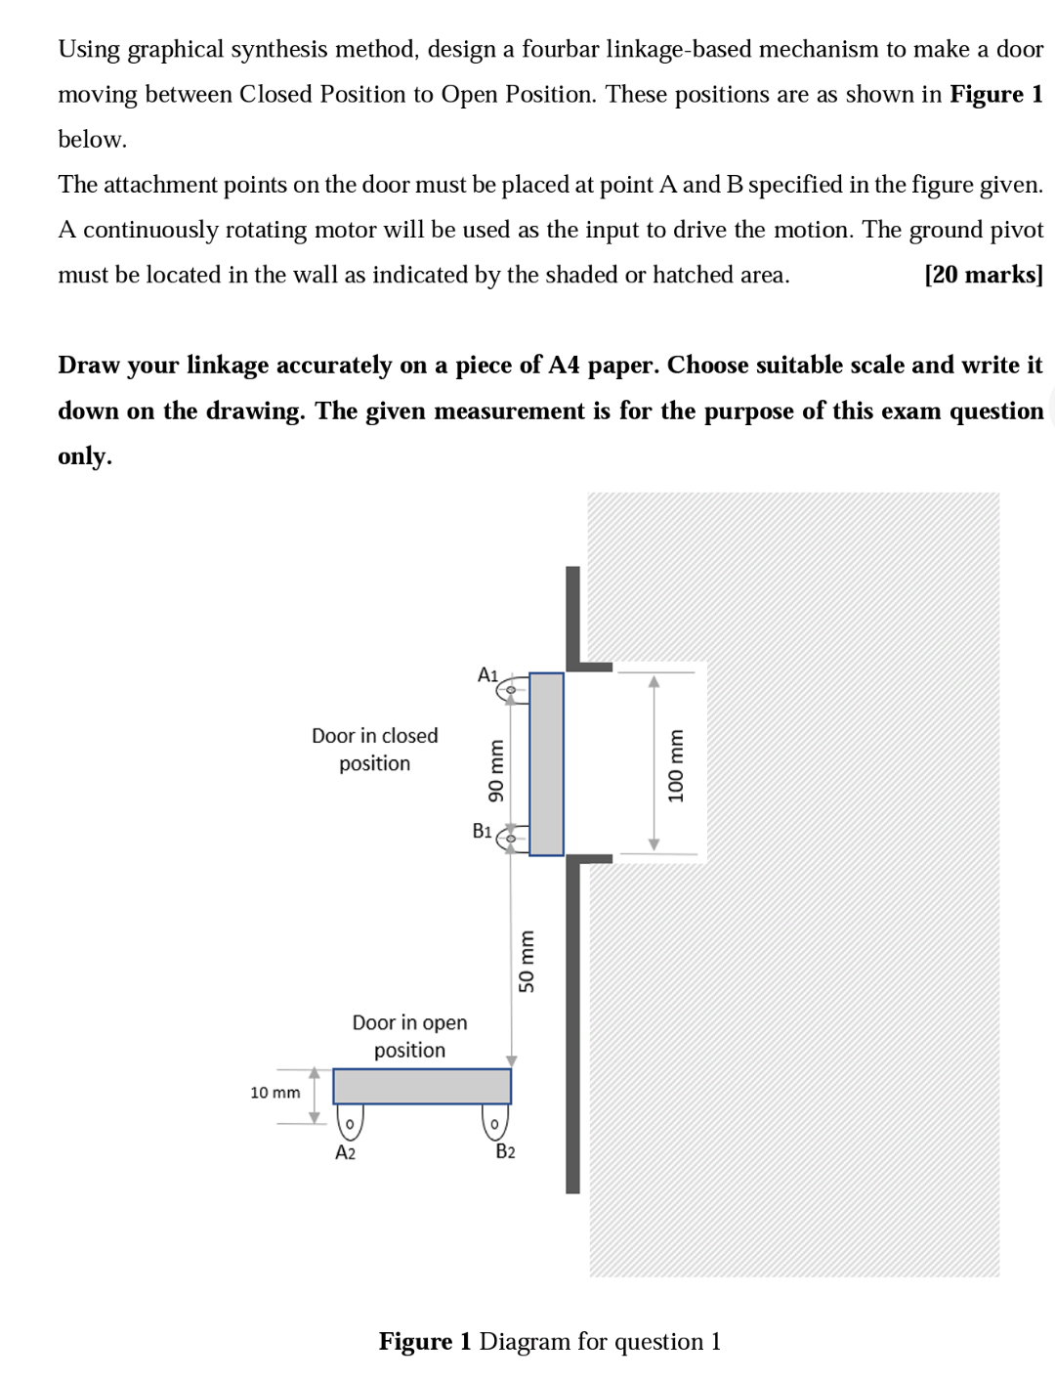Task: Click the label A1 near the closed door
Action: pos(487,674)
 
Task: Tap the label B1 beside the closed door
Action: pos(482,831)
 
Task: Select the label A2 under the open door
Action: pos(345,1152)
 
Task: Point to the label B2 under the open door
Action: pos(505,1151)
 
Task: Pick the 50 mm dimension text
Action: pos(527,962)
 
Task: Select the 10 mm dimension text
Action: pos(274,1092)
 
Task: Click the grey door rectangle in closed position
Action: pos(546,763)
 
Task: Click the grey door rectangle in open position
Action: pos(421,1086)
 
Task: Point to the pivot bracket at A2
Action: pos(349,1122)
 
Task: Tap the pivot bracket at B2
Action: pos(495,1123)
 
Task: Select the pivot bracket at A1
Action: pos(512,691)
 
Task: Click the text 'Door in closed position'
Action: pos(374,749)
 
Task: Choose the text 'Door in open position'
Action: pos(409,1036)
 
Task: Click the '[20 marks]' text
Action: pos(983,275)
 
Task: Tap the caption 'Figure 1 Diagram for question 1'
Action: pos(549,1341)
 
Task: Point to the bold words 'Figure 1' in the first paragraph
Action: pos(995,94)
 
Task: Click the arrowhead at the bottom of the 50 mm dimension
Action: pos(511,1060)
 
